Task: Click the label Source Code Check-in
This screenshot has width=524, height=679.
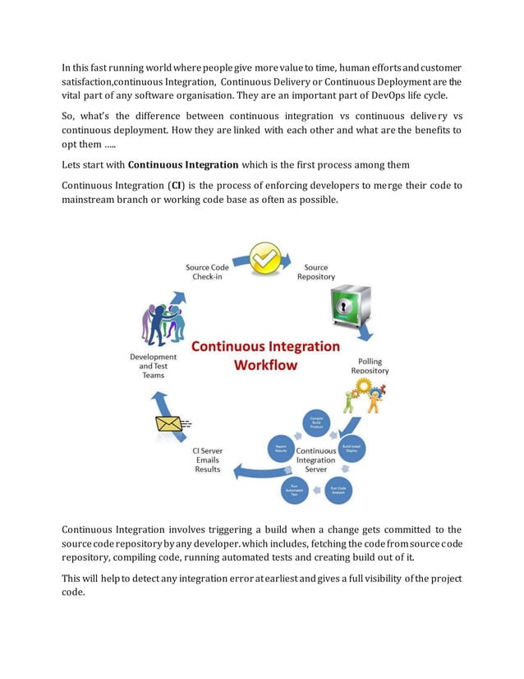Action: [x=208, y=272]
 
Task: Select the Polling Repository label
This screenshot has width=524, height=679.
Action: [x=370, y=366]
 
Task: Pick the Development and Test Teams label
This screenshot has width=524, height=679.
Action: [x=154, y=366]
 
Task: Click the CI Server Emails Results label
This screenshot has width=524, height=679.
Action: [x=207, y=460]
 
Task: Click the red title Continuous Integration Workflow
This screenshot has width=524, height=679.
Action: [x=265, y=355]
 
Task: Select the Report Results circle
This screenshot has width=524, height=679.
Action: [x=280, y=450]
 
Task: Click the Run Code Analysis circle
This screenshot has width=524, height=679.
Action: [x=338, y=488]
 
